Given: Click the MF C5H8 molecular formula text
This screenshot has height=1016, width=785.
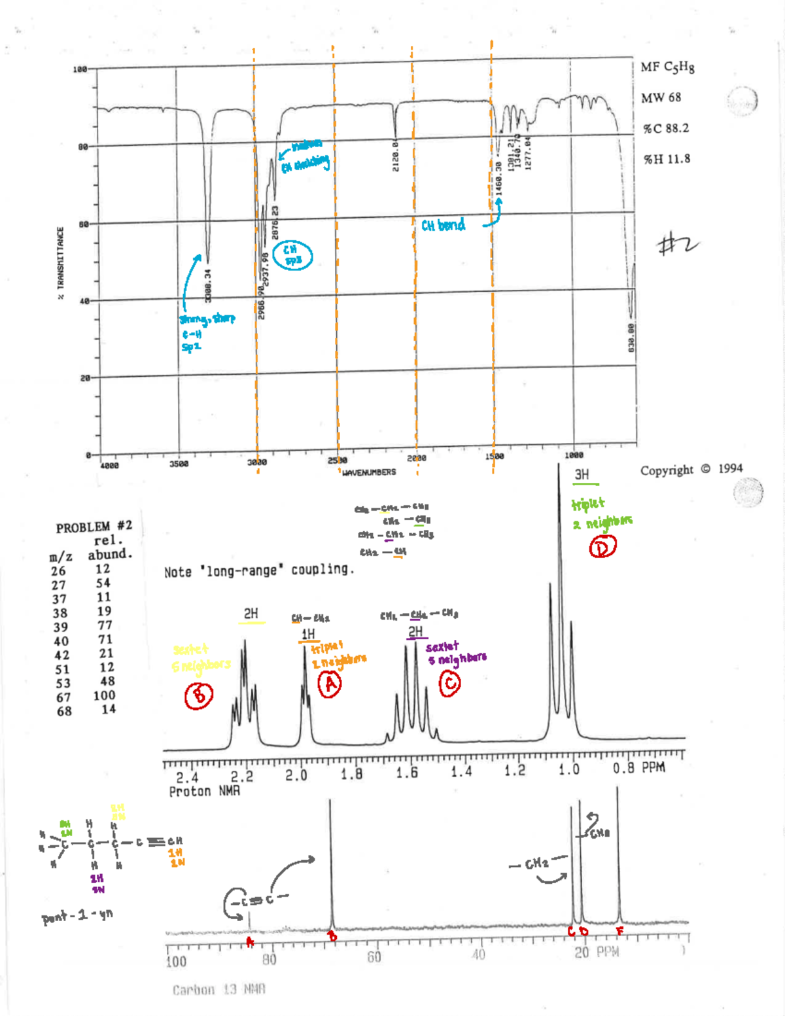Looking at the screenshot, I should (x=667, y=67).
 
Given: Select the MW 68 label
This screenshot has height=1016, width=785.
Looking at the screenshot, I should (x=661, y=97).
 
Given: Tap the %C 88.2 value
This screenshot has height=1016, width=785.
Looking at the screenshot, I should (x=666, y=128).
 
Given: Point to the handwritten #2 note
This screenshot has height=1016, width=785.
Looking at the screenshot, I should (x=677, y=245).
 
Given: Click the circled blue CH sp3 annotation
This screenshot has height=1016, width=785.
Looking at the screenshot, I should (x=292, y=255).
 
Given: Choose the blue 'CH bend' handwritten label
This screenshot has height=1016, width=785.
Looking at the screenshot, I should (x=444, y=225).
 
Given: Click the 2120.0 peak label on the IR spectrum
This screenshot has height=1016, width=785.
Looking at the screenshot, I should (x=395, y=156).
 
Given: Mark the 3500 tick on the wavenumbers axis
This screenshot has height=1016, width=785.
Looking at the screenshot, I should (x=179, y=464).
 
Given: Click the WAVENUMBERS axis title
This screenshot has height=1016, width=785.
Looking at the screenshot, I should (x=369, y=472).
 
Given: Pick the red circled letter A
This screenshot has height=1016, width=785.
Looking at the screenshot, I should (x=330, y=684).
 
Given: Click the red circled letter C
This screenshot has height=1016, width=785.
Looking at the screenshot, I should (x=449, y=684).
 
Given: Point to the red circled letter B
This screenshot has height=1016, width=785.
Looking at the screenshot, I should (x=198, y=695).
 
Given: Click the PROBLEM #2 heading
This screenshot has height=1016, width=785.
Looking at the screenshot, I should (x=94, y=527).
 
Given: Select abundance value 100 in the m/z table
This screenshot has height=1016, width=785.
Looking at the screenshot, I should (x=104, y=695).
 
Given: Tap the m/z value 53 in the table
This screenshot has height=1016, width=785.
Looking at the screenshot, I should (x=62, y=683).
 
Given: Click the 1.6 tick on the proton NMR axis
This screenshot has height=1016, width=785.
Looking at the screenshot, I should (x=407, y=772).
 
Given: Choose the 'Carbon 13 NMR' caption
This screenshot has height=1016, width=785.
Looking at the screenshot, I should (x=218, y=990).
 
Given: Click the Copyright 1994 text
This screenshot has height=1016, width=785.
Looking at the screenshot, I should (x=691, y=469).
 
